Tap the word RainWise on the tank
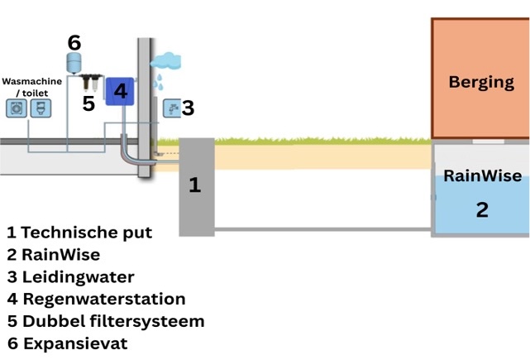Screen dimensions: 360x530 tap(482, 176)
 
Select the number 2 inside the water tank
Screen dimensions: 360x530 tap(482, 209)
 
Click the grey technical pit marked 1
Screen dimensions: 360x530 tap(196, 185)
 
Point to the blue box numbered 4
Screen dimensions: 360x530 tap(120, 92)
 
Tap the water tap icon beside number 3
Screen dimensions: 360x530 tap(171, 108)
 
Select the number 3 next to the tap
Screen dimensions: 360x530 tap(188, 108)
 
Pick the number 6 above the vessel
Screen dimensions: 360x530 tap(74, 42)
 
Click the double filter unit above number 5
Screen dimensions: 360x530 tap(88, 83)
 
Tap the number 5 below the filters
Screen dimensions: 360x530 tap(88, 103)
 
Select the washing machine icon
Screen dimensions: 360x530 tap(17, 108)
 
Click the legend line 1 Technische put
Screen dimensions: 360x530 tap(79, 232)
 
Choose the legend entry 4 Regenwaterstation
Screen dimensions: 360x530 tap(96, 299)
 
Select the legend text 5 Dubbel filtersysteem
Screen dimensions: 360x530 tap(105, 321)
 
